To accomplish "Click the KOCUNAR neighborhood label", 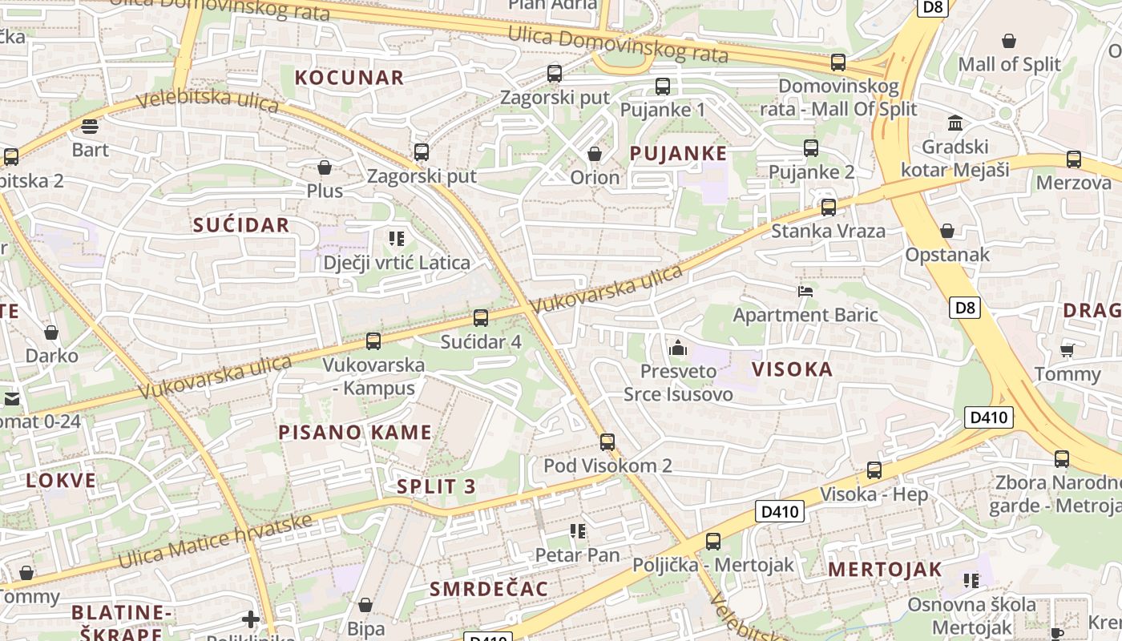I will point(349,78).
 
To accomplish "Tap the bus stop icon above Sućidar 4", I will point(481,318).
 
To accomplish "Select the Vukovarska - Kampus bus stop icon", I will point(373,341).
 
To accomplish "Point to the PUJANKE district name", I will point(678,154).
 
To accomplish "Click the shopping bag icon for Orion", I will point(595,153).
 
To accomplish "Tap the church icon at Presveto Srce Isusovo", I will point(678,348).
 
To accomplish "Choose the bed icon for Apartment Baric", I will point(805,291).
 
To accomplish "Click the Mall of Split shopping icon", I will point(1009,40).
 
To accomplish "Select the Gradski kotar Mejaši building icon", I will point(955,123).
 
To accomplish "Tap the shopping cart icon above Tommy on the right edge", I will point(1067,350).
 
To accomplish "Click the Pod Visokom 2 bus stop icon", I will point(607,441).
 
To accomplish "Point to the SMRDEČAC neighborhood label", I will point(489,590).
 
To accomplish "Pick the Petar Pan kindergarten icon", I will point(577,530).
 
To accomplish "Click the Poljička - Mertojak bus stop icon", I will point(713,541).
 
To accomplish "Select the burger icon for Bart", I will point(90,126).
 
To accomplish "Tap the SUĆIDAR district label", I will point(240,225).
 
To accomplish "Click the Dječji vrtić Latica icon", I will point(396,238).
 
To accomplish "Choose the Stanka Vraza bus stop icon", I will point(829,208).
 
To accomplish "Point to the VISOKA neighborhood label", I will point(792,369).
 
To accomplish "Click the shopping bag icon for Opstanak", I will point(947,231).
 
